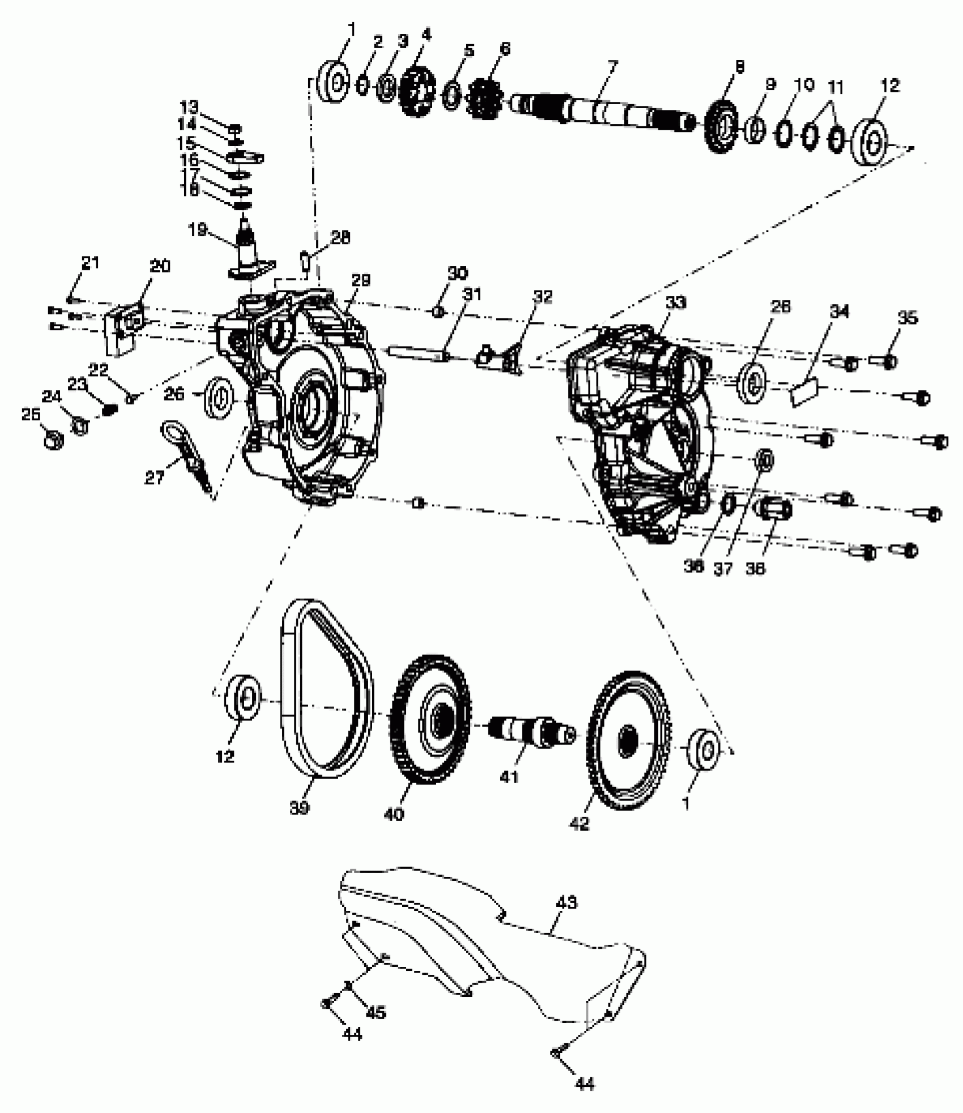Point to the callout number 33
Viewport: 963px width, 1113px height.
[x=675, y=304]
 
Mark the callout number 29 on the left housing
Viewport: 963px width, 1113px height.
[x=361, y=280]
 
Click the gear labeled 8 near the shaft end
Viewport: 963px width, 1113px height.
[x=722, y=128]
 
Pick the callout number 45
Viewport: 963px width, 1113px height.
[x=376, y=1011]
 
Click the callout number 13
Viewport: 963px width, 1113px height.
[x=190, y=106]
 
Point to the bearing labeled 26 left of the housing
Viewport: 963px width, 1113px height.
[x=219, y=396]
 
